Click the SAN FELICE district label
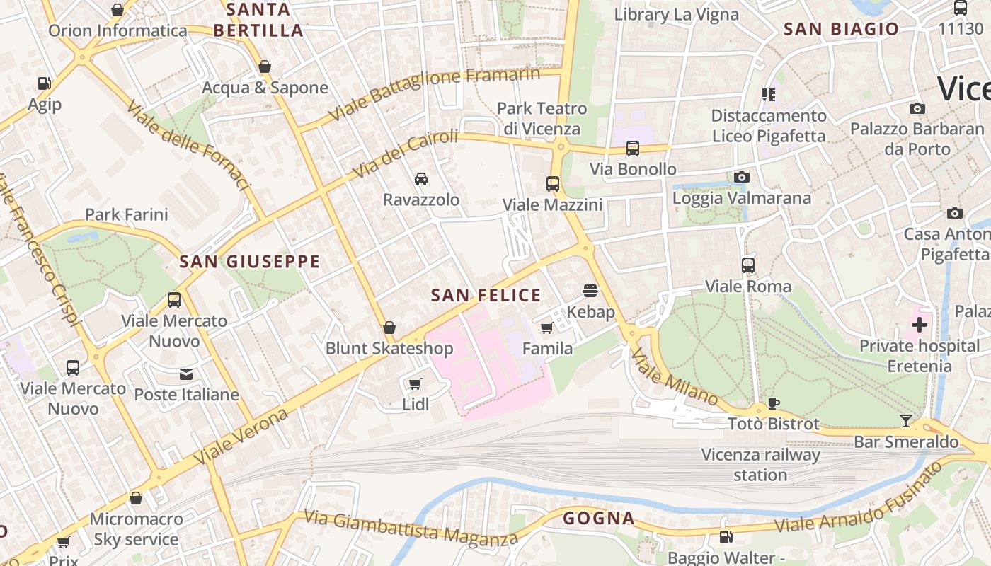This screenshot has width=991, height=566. [x=486, y=295]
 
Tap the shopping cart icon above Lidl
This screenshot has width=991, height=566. [x=416, y=383]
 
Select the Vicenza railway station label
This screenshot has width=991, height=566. [x=760, y=465]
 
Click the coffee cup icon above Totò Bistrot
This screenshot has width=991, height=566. [x=774, y=403]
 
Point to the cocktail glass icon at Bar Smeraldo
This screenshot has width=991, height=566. [x=906, y=421]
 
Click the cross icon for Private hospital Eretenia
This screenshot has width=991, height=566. [x=920, y=325]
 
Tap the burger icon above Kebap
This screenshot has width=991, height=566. [x=590, y=290]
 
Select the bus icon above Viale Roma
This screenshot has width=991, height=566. [x=748, y=265]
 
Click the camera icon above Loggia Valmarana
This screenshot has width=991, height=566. [x=741, y=177]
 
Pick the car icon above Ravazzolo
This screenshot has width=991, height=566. [x=421, y=178]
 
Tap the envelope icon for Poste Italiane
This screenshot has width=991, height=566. [x=186, y=374]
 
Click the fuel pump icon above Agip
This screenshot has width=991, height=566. [x=45, y=83]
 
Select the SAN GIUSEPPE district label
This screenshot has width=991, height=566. [x=250, y=262]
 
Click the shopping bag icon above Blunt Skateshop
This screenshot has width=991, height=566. [x=389, y=328]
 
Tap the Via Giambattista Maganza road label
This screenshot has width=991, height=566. [x=411, y=528]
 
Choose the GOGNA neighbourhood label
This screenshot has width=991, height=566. [x=599, y=519]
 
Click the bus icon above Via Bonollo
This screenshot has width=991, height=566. [x=633, y=149]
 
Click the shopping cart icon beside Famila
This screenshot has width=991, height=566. [x=546, y=328]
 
